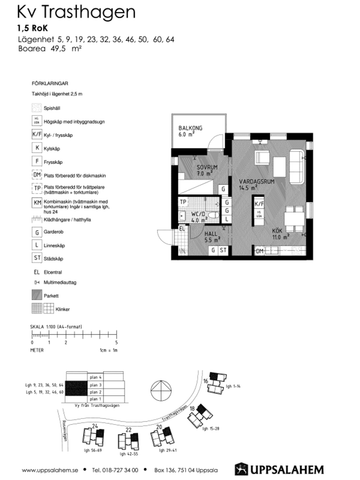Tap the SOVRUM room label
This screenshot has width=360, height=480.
(x=205, y=169)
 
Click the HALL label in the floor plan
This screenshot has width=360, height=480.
(x=212, y=238)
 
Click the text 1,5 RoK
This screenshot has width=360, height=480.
(x=32, y=29)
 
